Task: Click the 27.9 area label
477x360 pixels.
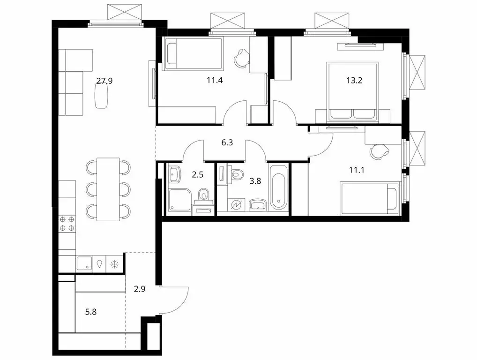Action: pos(104,81)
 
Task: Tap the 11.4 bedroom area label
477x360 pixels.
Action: pos(214,80)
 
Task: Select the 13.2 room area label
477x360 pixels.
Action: pos(354,80)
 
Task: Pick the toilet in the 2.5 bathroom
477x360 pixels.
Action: pos(203,194)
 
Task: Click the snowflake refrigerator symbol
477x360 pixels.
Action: pos(114,264)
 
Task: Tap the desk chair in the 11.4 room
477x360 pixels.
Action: pos(241,58)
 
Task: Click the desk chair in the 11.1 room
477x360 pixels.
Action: pos(378,151)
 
